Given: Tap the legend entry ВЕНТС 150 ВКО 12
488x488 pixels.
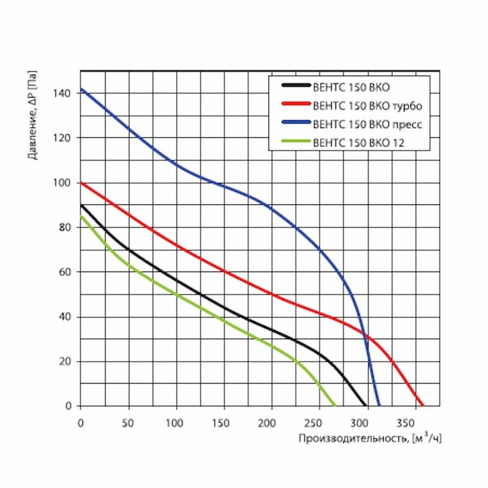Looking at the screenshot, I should [359, 143].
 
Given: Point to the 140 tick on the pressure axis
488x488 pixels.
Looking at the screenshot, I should [66, 93].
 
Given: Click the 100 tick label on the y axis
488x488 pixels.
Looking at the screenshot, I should [66, 183].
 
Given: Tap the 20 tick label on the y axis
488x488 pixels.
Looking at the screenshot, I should [68, 362].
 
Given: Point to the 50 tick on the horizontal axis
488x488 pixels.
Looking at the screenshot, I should [129, 422].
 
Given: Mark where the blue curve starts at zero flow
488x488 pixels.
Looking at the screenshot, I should [81, 89].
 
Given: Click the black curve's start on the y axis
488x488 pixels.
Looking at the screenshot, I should [81, 206].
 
